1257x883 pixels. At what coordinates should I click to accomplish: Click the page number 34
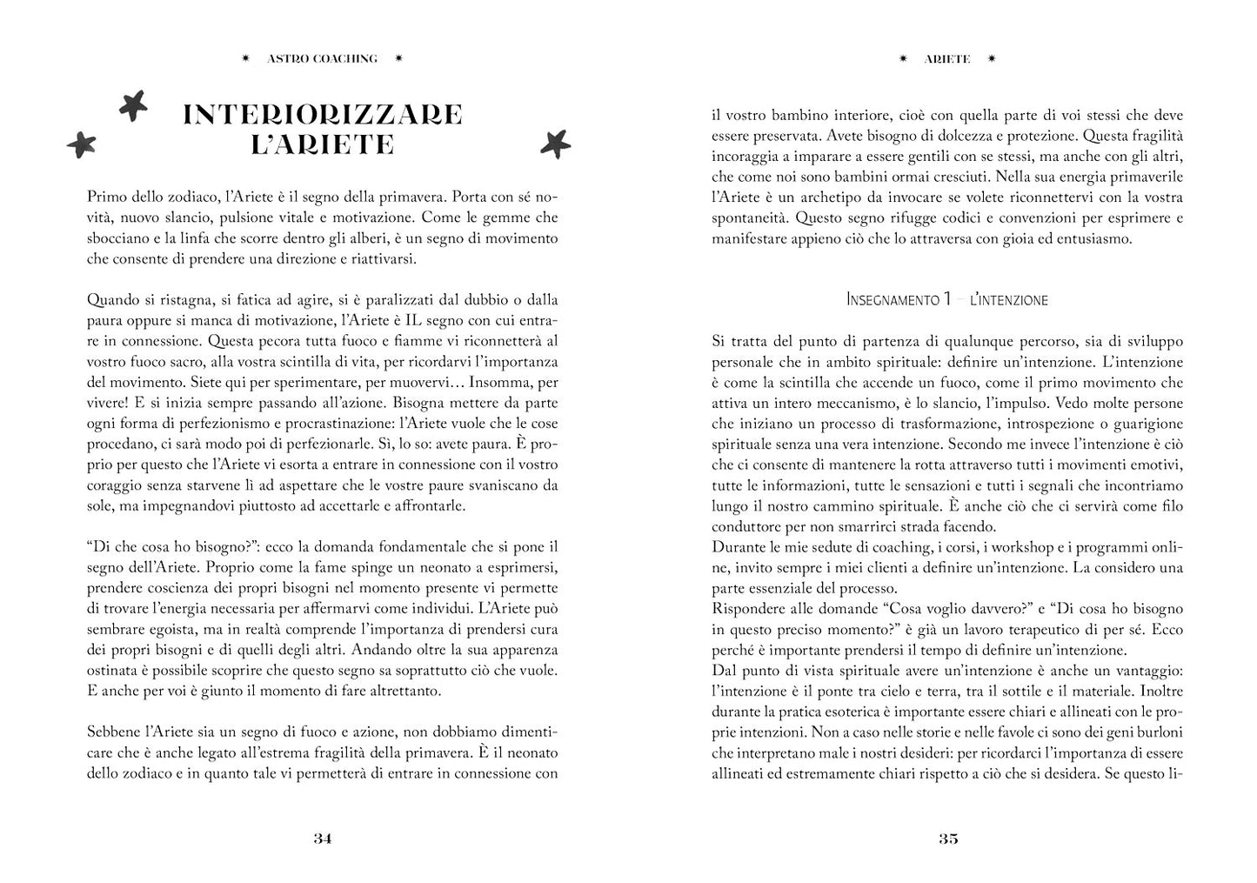click(x=322, y=839)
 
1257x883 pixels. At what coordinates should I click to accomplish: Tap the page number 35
click(x=947, y=839)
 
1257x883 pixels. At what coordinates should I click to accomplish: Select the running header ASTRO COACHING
click(x=322, y=58)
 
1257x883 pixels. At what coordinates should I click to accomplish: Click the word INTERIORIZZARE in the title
click(x=322, y=115)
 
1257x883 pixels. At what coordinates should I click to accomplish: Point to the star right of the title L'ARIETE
click(x=554, y=143)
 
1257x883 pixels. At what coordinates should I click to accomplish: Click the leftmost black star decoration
click(x=82, y=144)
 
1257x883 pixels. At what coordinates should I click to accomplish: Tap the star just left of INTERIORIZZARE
click(x=133, y=105)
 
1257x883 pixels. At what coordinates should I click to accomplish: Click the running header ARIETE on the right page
click(x=947, y=59)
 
